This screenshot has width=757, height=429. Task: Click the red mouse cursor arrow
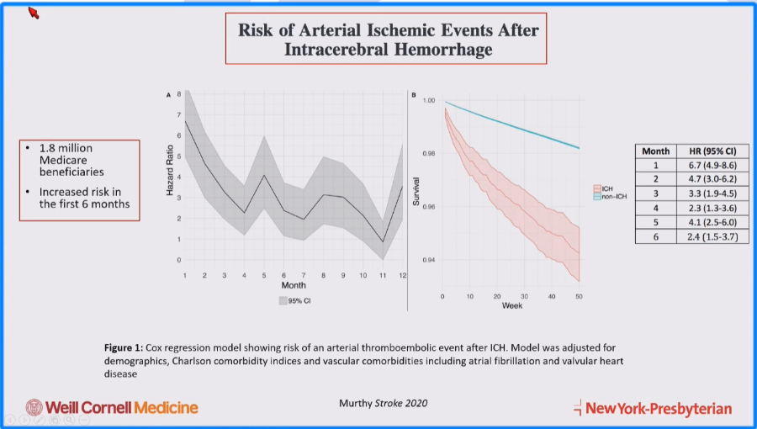tap(34, 13)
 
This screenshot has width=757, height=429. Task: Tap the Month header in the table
tap(656, 151)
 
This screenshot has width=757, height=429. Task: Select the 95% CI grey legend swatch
tap(284, 299)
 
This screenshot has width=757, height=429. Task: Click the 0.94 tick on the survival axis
tap(428, 260)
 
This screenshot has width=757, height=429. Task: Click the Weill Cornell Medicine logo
tap(112, 408)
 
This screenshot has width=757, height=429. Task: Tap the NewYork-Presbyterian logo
tap(652, 409)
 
